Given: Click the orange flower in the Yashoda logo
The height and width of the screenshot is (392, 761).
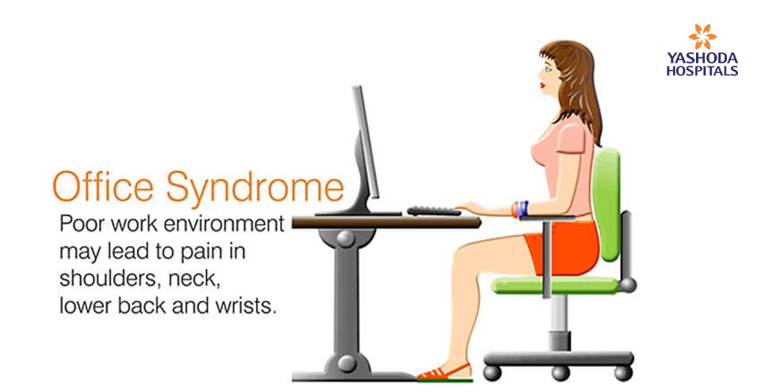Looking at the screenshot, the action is (702, 37).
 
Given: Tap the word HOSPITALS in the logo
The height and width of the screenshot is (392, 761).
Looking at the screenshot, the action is (702, 70).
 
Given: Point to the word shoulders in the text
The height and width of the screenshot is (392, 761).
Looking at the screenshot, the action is (107, 279).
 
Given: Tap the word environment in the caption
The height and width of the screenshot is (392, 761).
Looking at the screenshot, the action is (224, 225).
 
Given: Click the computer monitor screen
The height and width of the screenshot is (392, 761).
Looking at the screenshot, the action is (366, 141).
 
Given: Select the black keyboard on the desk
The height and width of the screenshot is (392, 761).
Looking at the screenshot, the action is (434, 211).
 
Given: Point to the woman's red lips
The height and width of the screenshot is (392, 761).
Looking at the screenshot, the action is (542, 86).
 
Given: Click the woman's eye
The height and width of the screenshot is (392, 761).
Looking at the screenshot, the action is (548, 68).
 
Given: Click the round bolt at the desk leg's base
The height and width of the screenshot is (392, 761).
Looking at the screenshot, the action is (346, 363).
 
